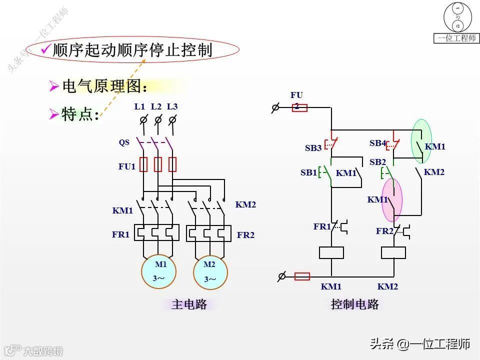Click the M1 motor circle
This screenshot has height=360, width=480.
[x=158, y=271]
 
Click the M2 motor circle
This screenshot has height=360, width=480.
[x=210, y=272]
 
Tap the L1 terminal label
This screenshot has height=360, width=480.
[x=139, y=106]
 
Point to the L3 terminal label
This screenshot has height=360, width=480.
[x=172, y=106]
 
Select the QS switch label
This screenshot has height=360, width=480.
[x=124, y=142]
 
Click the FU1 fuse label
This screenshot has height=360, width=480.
[x=127, y=166]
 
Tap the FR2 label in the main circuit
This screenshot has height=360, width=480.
[x=245, y=234]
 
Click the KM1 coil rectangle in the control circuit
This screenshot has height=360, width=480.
[x=331, y=252]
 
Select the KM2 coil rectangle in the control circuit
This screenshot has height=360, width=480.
[x=393, y=252]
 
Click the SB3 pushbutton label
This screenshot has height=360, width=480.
[x=313, y=148]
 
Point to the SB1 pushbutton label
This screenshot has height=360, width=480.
[x=308, y=172]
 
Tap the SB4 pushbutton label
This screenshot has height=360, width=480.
[x=378, y=143]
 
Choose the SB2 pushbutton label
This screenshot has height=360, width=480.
[x=377, y=162]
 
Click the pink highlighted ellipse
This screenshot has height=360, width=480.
[x=392, y=199]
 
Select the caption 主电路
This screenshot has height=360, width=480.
[x=189, y=304]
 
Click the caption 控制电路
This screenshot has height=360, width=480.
[x=355, y=304]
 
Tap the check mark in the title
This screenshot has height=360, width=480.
[x=45, y=49]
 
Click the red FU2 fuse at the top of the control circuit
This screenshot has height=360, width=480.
[x=299, y=107]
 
